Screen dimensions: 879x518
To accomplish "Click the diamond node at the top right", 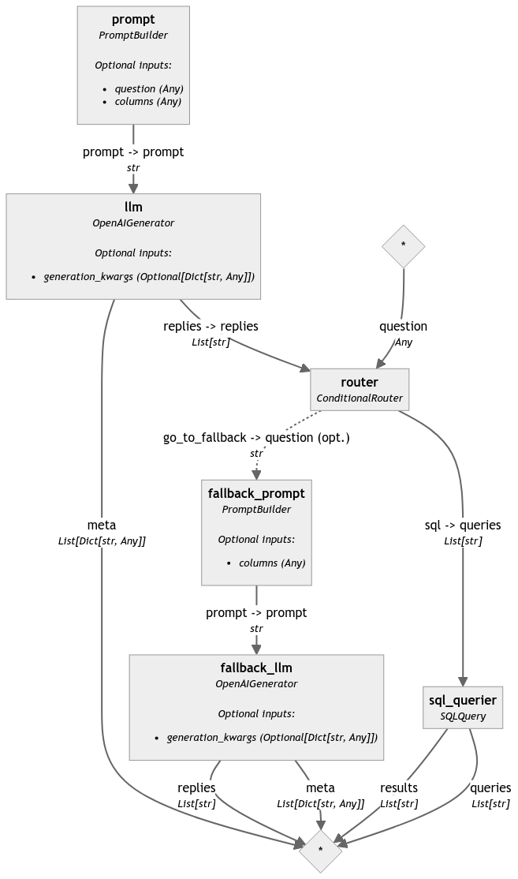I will (x=403, y=245).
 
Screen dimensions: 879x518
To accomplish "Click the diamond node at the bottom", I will (x=320, y=850).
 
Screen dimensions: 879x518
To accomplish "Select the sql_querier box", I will (x=463, y=707).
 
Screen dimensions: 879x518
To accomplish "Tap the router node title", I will (x=360, y=383).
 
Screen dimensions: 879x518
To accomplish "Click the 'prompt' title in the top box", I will (x=133, y=19).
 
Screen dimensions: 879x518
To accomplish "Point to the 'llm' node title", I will (x=133, y=208).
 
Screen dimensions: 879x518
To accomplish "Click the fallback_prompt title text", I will (x=256, y=493).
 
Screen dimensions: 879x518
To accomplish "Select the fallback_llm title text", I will (x=256, y=668).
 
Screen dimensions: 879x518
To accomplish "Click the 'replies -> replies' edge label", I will (x=211, y=326).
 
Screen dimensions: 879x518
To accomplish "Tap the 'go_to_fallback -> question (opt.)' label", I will (x=256, y=438).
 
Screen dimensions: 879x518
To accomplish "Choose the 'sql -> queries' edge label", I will (x=463, y=525).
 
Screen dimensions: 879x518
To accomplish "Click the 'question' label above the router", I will (x=403, y=326).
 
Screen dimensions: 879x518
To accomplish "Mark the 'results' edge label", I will (x=399, y=787).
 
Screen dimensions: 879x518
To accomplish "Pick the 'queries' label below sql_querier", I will (x=490, y=787).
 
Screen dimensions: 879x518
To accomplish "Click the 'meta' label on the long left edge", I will (x=102, y=525).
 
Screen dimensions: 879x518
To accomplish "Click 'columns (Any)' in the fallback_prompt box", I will (x=272, y=563).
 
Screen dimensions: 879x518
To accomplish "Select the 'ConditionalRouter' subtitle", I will (x=360, y=398).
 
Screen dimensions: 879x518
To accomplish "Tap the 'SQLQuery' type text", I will (x=463, y=716).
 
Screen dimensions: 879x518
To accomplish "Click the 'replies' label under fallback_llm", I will (x=196, y=787).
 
